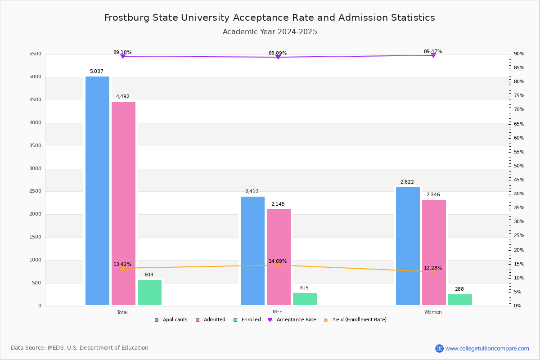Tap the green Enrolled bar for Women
click(x=460, y=300)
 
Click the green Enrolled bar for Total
click(x=149, y=292)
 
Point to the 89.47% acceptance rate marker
click(x=433, y=55)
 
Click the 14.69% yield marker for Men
click(x=278, y=265)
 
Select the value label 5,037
click(x=97, y=72)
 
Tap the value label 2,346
click(x=433, y=195)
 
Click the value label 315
click(x=304, y=288)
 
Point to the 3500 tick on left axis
click(x=36, y=146)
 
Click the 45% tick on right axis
click(x=519, y=180)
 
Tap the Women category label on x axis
click(x=433, y=312)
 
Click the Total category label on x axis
click(x=122, y=312)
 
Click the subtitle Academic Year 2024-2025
click(x=270, y=32)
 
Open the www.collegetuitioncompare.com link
click(x=487, y=348)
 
